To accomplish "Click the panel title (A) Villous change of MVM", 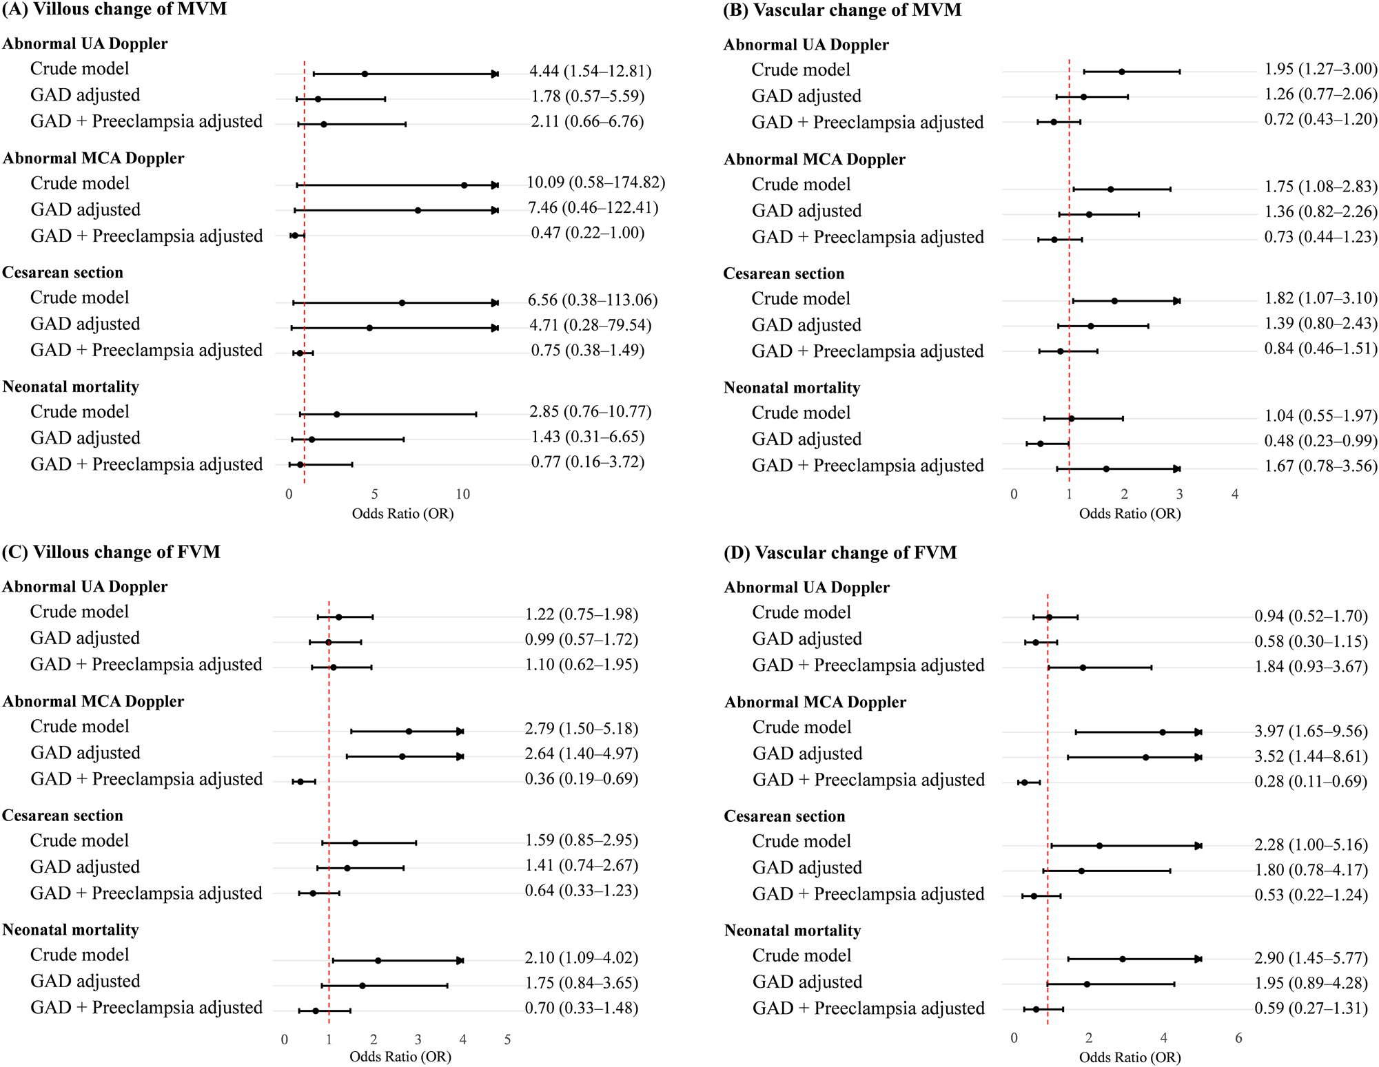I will (114, 10).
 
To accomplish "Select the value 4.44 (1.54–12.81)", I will (590, 71).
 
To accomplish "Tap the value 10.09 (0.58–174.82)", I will (595, 183).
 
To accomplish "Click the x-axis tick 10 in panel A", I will (462, 494).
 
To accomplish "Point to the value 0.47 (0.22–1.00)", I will (587, 233).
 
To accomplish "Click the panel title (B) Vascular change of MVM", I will (842, 10).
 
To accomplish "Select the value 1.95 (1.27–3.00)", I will (1320, 69).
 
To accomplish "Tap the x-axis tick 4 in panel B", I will (1235, 494).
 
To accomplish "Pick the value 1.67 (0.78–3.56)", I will (1320, 466).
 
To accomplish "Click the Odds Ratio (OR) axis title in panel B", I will (1130, 513).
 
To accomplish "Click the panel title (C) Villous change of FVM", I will (111, 552).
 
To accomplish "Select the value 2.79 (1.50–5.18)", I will (581, 728).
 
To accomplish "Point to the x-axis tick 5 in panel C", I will (507, 1039).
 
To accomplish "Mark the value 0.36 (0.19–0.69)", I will (581, 778).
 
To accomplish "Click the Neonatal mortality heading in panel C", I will (70, 930).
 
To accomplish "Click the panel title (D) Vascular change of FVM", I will (840, 552).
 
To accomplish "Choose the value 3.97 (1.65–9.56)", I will (1311, 731).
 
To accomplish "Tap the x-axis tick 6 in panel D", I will (1238, 1037).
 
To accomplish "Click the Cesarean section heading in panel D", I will (784, 816).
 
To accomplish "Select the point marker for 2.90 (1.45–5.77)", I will (1123, 959).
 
